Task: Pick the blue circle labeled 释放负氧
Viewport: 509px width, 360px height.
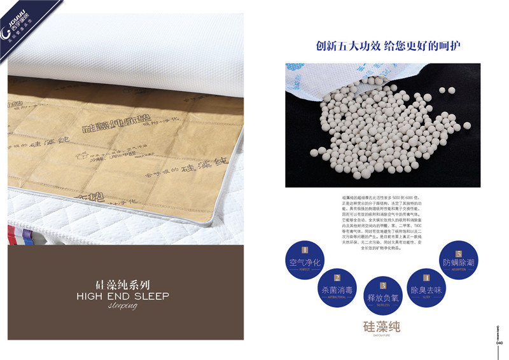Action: [x=382, y=296]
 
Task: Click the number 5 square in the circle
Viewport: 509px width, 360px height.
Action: [x=459, y=252]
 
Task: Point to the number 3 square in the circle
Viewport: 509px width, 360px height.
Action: [x=382, y=286]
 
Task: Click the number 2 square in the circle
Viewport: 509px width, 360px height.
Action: [x=337, y=278]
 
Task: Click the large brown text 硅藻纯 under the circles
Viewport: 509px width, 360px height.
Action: [x=382, y=328]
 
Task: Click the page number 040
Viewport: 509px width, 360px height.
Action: [x=500, y=342]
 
